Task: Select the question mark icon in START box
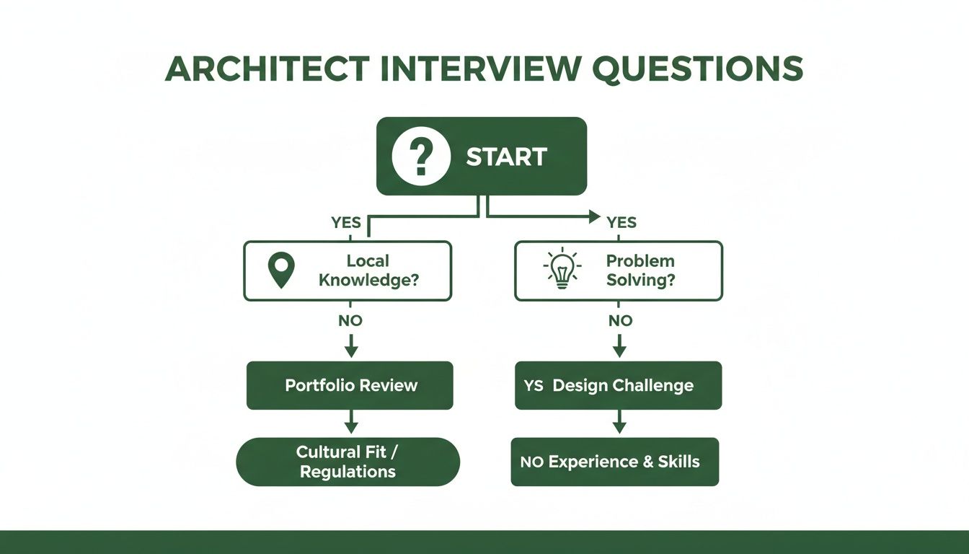tap(416, 156)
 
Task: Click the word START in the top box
tap(506, 157)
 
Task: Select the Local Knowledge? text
tap(368, 271)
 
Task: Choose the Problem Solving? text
tap(640, 271)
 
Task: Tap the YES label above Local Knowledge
tap(346, 223)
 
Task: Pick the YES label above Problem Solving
tap(621, 223)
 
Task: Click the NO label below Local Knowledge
tap(350, 320)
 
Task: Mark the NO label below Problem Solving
tap(620, 320)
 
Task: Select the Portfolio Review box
tap(350, 385)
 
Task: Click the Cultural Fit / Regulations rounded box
tap(348, 462)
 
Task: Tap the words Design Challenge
tap(623, 385)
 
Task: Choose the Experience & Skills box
tap(615, 462)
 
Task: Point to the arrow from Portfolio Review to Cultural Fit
tap(350, 423)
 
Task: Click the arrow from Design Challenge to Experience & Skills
tap(619, 423)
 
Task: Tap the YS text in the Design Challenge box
tap(534, 386)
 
